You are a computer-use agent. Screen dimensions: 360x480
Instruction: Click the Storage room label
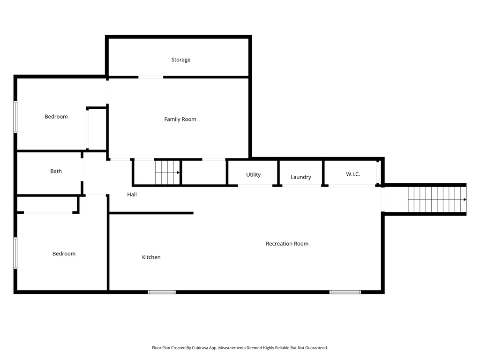tap(180, 60)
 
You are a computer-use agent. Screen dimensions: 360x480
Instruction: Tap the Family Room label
tap(180, 120)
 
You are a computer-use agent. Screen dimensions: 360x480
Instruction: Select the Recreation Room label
tap(287, 244)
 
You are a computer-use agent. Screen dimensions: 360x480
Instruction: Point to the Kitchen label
tap(151, 257)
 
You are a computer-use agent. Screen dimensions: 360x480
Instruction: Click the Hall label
tap(132, 195)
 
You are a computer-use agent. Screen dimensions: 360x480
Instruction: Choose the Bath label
tap(56, 172)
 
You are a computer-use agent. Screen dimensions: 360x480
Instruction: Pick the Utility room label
tap(253, 175)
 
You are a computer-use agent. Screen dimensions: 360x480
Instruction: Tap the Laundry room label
tap(300, 177)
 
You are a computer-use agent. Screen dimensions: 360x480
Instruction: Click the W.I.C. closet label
tap(353, 174)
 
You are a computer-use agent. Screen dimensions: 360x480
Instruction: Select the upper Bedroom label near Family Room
tap(56, 117)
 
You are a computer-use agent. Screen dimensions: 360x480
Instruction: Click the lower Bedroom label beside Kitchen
tap(64, 254)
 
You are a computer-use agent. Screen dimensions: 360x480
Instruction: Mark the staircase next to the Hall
tap(167, 172)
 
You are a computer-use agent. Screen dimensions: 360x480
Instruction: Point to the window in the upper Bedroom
tap(15, 117)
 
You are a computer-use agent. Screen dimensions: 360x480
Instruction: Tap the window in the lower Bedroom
tap(15, 253)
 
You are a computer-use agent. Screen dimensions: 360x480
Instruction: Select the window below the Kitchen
tap(162, 292)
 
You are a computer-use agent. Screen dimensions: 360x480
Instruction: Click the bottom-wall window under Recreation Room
tap(345, 292)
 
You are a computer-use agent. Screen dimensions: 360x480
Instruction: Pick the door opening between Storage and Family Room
tap(150, 77)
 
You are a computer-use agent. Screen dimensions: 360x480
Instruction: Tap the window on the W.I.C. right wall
tap(378, 172)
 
